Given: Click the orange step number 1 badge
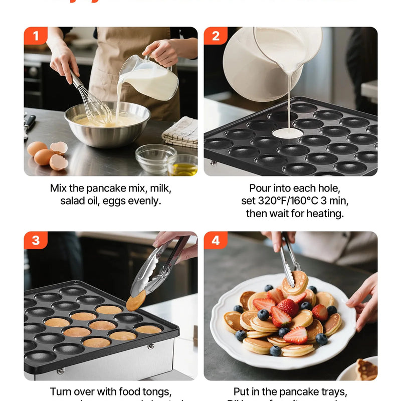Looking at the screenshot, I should (x=36, y=36).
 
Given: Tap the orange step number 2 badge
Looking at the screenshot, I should (x=216, y=36).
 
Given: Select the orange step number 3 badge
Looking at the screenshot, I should (x=36, y=241).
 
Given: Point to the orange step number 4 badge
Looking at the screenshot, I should (x=216, y=241).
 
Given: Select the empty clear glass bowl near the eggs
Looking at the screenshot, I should (x=155, y=158).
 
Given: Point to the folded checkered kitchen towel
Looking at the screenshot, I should (x=180, y=131).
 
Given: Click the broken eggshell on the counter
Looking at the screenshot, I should (x=58, y=162).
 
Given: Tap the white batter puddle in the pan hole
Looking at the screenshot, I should (x=287, y=133).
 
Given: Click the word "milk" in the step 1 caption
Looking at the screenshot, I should (x=160, y=189).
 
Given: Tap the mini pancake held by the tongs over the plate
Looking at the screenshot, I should (x=295, y=282).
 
